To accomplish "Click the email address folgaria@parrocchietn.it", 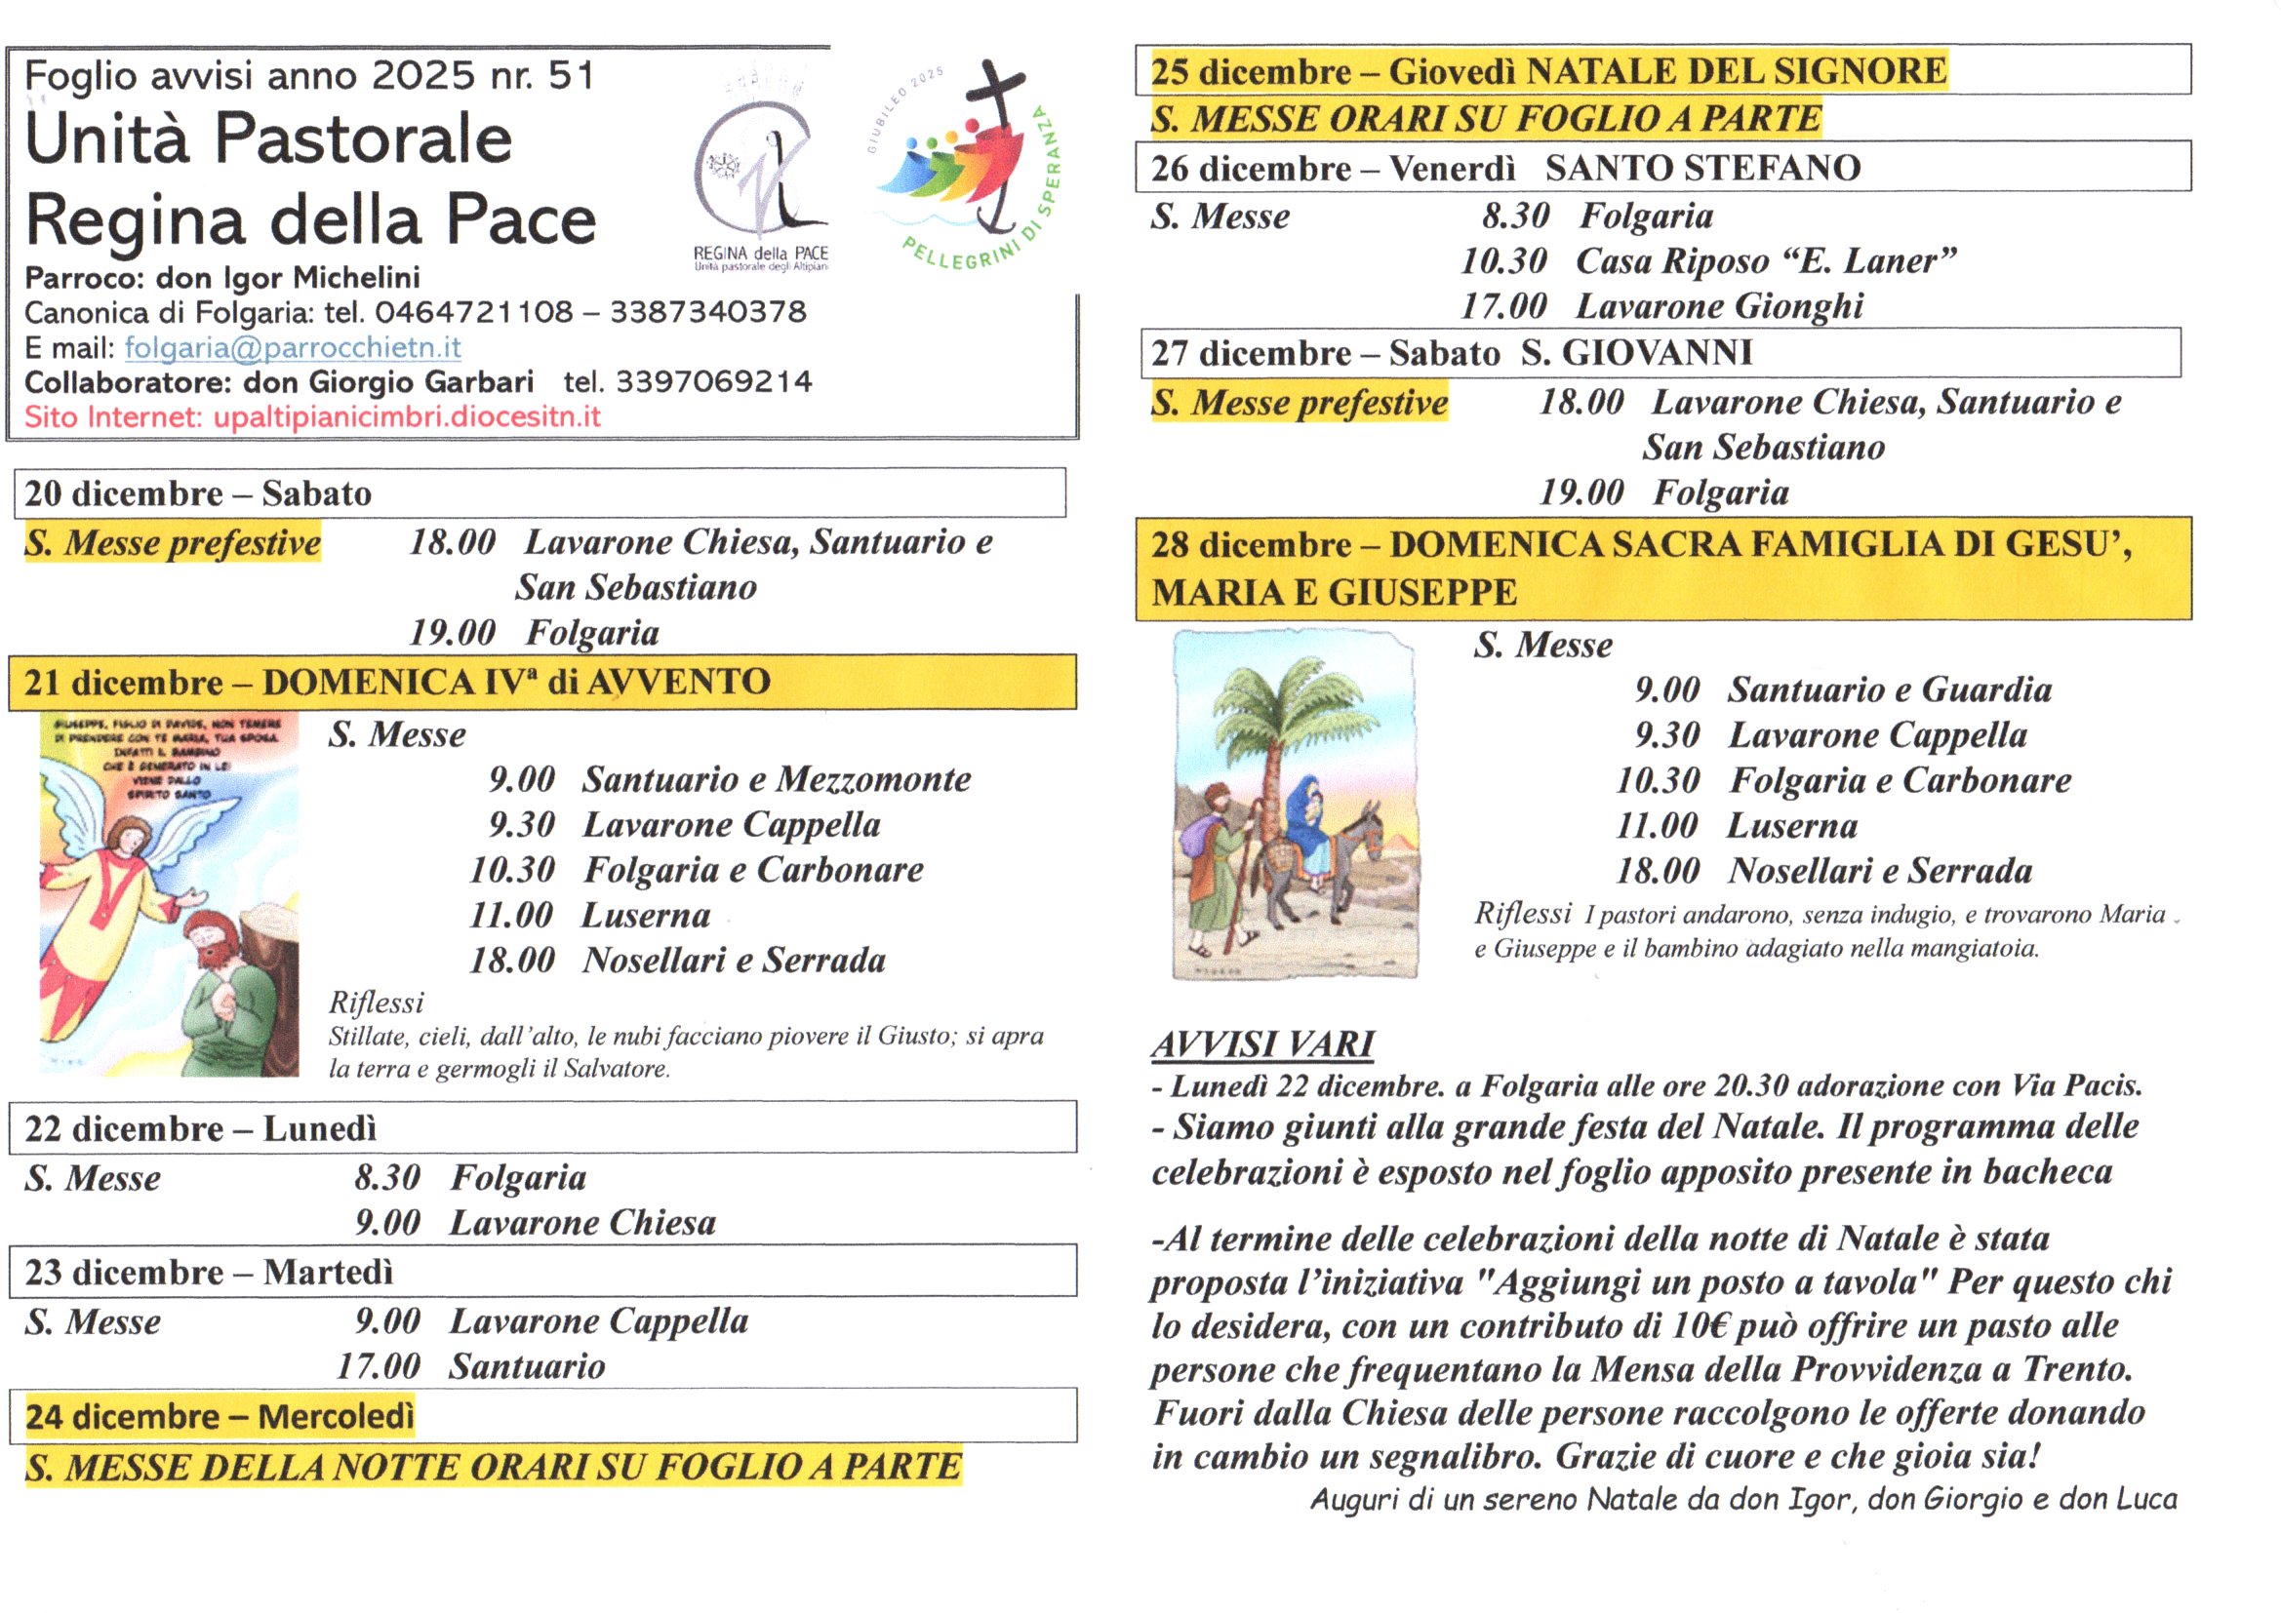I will click(x=292, y=347).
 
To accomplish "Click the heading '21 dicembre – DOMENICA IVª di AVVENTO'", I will click(x=397, y=683).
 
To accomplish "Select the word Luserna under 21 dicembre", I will click(x=646, y=915).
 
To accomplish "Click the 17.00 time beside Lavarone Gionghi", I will click(x=1503, y=306).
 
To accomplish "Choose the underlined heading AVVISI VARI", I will click(x=1262, y=1043).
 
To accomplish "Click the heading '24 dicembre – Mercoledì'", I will click(x=220, y=1416).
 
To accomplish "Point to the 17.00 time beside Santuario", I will click(x=378, y=1366).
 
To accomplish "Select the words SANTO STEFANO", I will click(x=1702, y=168).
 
